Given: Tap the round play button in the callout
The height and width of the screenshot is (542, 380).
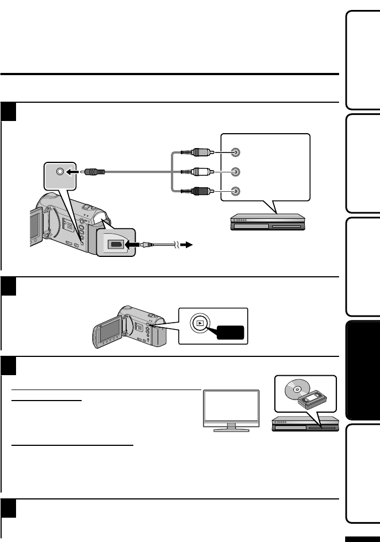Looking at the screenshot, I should tap(198, 323).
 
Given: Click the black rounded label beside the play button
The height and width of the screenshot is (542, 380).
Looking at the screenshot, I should tap(228, 333).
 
